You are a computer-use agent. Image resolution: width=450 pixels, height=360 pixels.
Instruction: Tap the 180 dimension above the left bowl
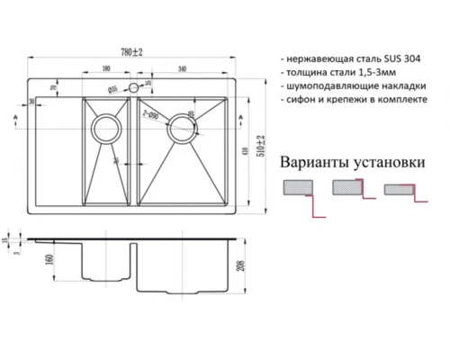pos(107,68)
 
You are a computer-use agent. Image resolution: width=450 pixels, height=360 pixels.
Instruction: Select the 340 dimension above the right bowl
pos(184,68)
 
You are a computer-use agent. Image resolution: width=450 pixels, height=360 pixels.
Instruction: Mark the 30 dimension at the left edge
pos(32,103)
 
